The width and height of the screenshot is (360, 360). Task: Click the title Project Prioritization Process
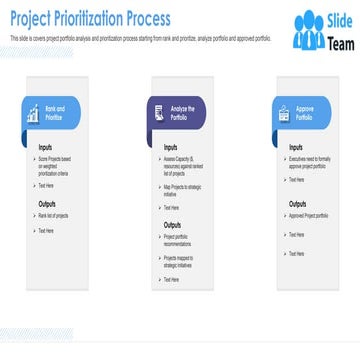[90, 20]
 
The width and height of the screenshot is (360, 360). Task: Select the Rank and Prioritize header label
[55, 113]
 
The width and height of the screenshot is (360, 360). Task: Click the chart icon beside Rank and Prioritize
[33, 114]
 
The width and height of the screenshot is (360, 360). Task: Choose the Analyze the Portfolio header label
[182, 113]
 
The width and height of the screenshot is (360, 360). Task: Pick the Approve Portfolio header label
[305, 113]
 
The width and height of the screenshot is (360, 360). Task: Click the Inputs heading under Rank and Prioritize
[46, 147]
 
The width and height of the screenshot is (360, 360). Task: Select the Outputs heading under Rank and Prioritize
[48, 204]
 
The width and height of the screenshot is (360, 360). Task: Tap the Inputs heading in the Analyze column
[171, 147]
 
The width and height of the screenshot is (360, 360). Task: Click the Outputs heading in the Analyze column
[173, 225]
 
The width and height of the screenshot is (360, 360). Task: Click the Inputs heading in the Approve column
[296, 147]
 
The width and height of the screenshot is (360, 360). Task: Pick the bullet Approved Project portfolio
[310, 216]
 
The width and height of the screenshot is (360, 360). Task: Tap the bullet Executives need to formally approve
[311, 162]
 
